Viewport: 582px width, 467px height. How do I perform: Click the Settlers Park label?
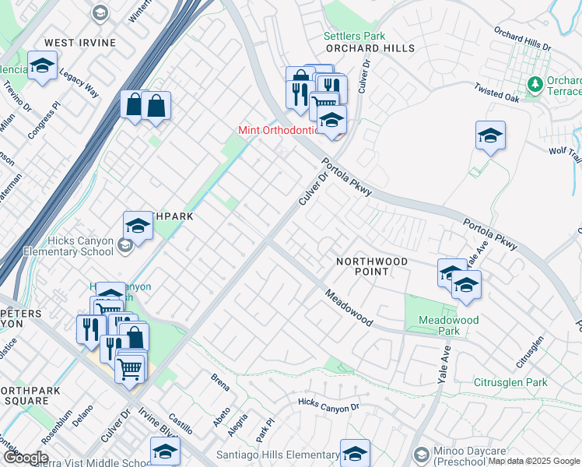[x=354, y=36]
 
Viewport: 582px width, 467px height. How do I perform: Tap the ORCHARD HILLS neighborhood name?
[x=370, y=48]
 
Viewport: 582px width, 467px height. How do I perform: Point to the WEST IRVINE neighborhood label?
[x=80, y=42]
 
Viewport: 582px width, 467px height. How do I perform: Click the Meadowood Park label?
[x=448, y=325]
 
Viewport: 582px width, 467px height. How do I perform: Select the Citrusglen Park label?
[x=511, y=382]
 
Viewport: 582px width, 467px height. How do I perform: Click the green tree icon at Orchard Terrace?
[x=535, y=83]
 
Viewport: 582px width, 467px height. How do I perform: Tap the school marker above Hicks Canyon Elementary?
[x=138, y=226]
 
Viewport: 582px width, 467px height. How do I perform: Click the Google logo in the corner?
[x=26, y=457]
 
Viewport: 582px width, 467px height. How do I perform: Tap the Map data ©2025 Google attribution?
[x=533, y=461]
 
